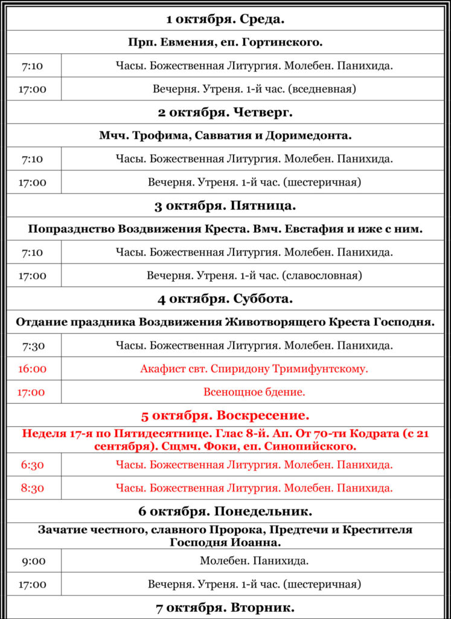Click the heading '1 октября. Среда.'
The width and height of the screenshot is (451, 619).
tap(225, 19)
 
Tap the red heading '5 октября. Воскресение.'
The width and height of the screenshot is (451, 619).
tap(225, 416)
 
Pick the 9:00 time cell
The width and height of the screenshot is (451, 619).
tap(34, 561)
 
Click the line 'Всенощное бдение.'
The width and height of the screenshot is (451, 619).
tap(254, 392)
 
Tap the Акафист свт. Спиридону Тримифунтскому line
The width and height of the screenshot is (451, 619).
tap(254, 369)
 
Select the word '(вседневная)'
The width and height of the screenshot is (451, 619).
tap(322, 89)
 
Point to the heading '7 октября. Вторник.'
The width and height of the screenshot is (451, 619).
tap(225, 608)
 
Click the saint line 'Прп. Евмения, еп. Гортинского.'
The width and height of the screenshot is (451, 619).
tap(225, 42)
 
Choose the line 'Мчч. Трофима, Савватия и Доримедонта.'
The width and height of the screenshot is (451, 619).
tap(225, 135)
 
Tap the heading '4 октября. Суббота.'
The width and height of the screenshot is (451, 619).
tap(225, 299)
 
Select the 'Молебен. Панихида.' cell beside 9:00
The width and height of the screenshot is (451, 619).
tap(254, 561)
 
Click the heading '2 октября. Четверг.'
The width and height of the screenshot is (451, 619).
tap(225, 112)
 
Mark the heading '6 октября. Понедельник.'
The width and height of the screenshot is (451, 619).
tap(225, 511)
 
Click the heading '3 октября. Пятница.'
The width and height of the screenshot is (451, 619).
tap(225, 206)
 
